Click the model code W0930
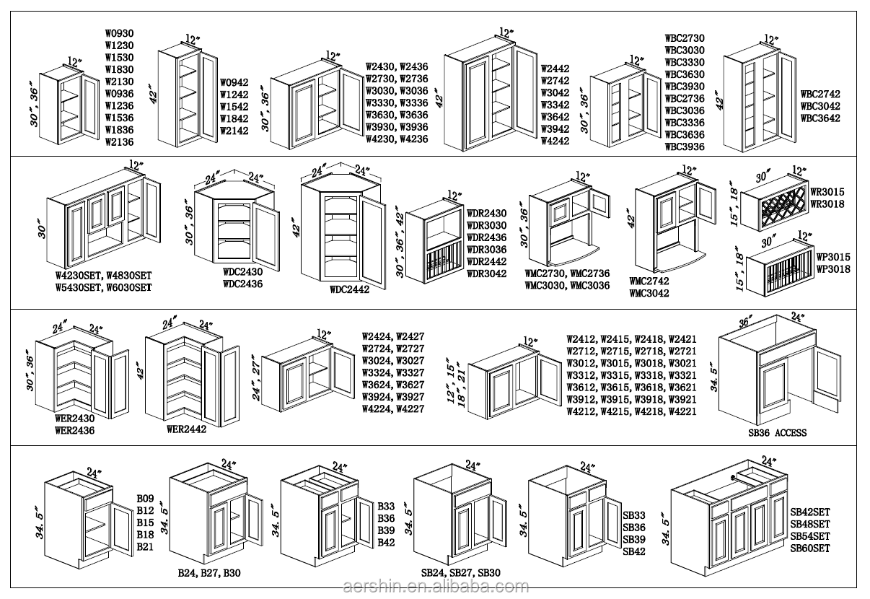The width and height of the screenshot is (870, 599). coord(119,33)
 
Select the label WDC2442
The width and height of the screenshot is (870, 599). coord(350,290)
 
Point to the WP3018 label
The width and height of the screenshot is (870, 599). coord(832,269)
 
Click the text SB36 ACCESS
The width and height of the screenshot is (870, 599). coord(777,433)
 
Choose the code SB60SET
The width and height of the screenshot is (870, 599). coord(810,548)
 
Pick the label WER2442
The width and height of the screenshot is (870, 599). coord(187,429)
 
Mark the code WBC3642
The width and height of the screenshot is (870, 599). coord(820,118)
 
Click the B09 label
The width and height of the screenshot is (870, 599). coord(146,499)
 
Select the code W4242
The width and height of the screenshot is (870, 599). coord(555,141)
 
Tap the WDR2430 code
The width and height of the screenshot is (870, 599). coord(486,214)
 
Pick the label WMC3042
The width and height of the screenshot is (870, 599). coord(649,293)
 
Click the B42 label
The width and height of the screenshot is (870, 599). coord(386,542)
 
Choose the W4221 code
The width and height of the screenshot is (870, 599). coord(682,412)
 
